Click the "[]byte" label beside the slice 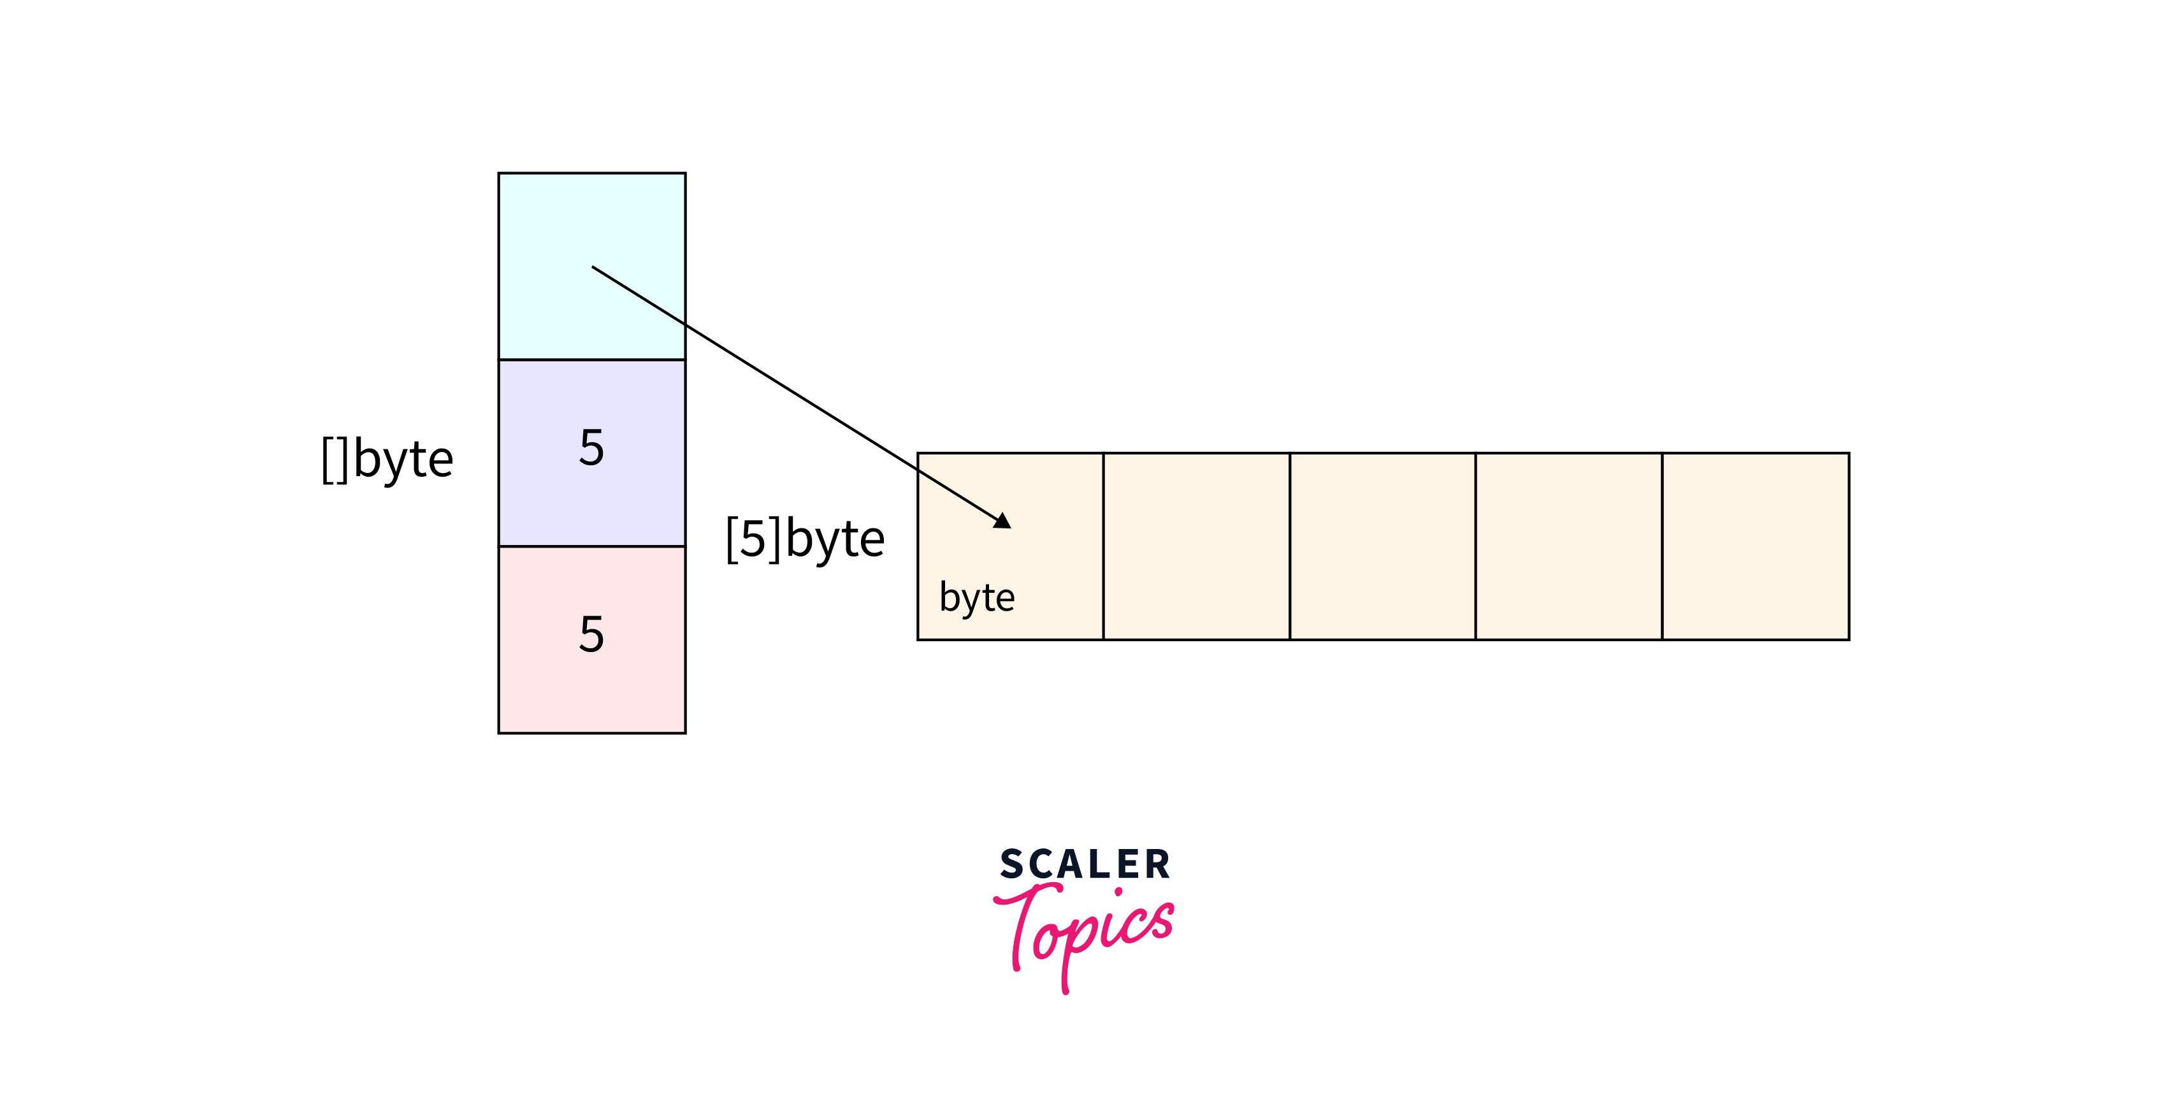(x=387, y=460)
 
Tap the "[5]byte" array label (x=805, y=539)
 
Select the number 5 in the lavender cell (x=591, y=447)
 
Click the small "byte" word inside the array (x=976, y=598)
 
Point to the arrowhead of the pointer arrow (x=1002, y=521)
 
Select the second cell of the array (x=1196, y=546)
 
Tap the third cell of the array (x=1382, y=546)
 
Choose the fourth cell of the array (x=1569, y=546)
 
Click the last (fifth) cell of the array (x=1756, y=546)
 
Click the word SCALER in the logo (x=1085, y=864)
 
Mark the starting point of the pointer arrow (x=593, y=267)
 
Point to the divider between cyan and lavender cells (x=591, y=360)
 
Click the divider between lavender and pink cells (x=591, y=546)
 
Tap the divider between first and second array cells (x=1103, y=546)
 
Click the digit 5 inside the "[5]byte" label (x=753, y=539)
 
